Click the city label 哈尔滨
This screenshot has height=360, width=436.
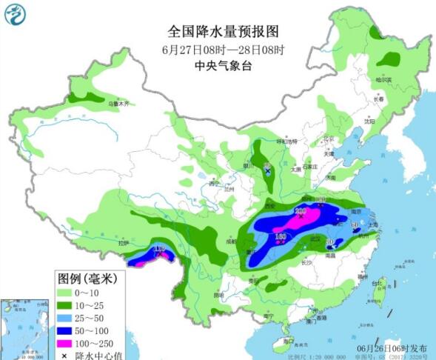[x=383, y=79]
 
